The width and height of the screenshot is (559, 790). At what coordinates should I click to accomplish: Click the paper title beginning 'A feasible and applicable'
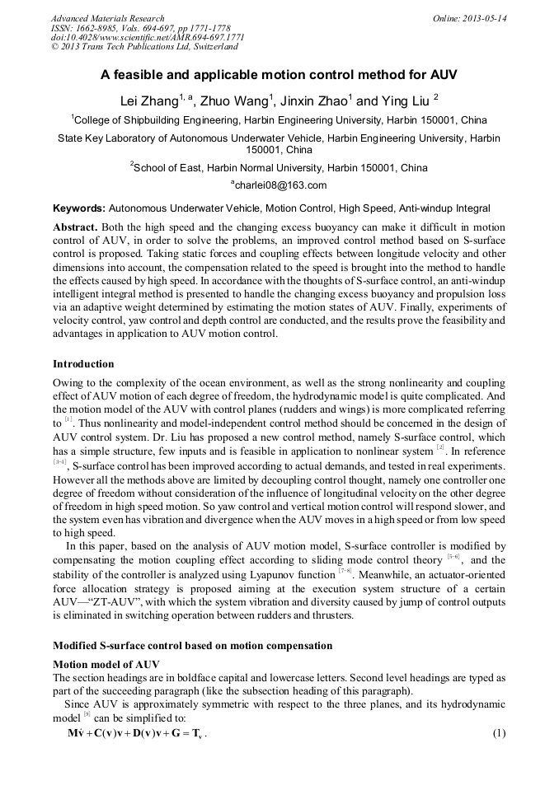click(279, 74)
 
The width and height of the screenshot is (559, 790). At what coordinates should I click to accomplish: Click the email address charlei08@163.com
click(279, 185)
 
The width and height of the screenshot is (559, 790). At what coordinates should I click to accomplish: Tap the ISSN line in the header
click(141, 28)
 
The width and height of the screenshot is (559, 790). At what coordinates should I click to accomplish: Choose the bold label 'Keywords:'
click(79, 208)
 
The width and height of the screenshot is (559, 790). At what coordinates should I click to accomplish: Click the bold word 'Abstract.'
click(75, 227)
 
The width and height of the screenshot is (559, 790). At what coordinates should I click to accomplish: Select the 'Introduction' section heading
click(83, 363)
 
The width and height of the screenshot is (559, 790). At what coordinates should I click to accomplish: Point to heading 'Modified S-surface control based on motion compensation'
click(192, 645)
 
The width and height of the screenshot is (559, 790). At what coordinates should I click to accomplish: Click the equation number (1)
click(498, 733)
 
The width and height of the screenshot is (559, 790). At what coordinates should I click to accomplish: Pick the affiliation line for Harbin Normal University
click(279, 167)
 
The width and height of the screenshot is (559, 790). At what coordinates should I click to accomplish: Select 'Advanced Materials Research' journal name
click(107, 18)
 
